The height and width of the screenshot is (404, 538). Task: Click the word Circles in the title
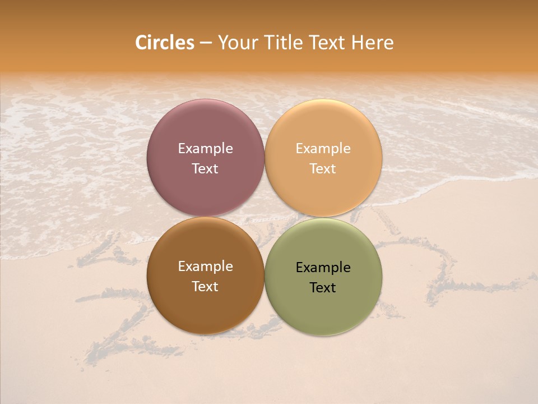[x=164, y=43]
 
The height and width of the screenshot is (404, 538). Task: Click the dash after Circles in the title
[x=206, y=43]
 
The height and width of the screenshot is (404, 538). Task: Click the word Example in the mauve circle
[x=205, y=148]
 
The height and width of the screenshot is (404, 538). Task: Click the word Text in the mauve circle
[x=205, y=168]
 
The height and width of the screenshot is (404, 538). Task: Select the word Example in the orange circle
[x=323, y=148]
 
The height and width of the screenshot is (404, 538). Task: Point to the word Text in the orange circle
[x=323, y=168]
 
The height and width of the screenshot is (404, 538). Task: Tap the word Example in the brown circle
[x=205, y=266]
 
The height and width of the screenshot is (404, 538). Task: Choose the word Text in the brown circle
[x=205, y=286]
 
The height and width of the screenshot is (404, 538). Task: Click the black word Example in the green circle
[x=323, y=267]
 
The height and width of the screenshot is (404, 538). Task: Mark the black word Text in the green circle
[x=323, y=287]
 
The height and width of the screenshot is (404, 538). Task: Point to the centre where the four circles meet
[x=265, y=217]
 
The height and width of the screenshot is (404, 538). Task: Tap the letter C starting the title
[x=141, y=43]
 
